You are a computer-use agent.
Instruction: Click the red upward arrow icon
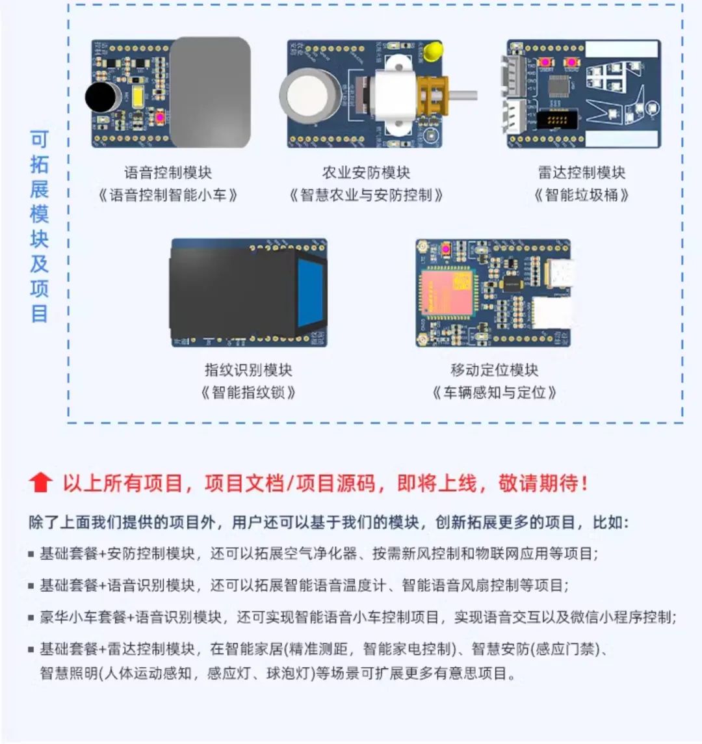point(40,483)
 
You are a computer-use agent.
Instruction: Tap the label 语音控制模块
point(168,173)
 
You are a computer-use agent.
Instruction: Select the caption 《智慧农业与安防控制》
point(366,195)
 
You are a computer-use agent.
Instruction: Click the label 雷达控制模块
point(582,173)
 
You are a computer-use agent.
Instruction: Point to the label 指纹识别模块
point(248,370)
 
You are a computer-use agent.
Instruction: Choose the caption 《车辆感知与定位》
point(494,392)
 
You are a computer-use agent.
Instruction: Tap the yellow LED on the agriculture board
point(434,51)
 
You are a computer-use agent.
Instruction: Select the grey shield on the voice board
point(210,92)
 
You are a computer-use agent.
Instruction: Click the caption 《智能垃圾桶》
point(582,195)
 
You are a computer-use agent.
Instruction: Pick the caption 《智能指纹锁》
point(248,392)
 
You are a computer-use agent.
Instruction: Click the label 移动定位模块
point(494,370)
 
